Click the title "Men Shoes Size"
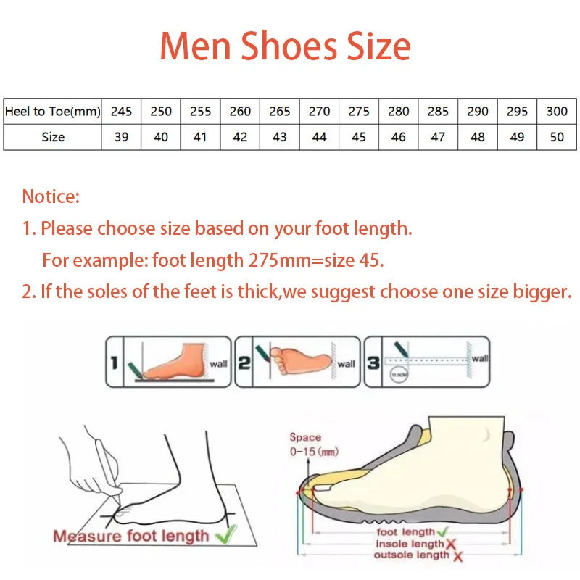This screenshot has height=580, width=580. pos(285,46)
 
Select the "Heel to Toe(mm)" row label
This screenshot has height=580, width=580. pos(53,111)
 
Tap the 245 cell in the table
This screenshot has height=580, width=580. pos(122,111)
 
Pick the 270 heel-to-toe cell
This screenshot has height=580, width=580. pos(319,111)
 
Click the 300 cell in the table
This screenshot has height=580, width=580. pos(557,111)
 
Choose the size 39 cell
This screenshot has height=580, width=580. pos(122,137)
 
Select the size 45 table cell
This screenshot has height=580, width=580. pos(359,137)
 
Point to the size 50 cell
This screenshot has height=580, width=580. pos(557,137)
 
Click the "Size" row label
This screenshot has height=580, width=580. pos(53,137)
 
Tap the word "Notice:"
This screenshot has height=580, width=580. pos(51,196)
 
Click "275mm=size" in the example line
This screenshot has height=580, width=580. pos(302,260)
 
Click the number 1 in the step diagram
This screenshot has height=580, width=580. pos(113,362)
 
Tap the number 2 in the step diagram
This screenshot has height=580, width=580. pos(244,362)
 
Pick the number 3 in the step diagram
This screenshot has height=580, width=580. pos(373,362)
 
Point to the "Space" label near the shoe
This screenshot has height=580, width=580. pos(304,437)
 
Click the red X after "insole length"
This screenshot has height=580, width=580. pos(450,544)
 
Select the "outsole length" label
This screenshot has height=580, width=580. pos(411,555)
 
